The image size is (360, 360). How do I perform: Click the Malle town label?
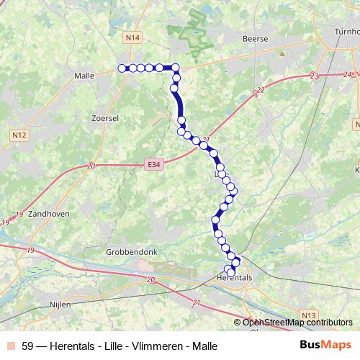pyautogui.click(x=86, y=75)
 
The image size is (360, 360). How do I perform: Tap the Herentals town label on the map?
pyautogui.click(x=234, y=277)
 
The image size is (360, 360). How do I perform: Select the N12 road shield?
pyautogui.click(x=19, y=133)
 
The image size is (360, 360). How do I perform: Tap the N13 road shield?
pyautogui.click(x=309, y=315)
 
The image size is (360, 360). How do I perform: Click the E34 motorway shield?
pyautogui.click(x=152, y=165)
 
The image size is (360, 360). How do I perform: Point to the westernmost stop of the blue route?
pyautogui.click(x=122, y=68)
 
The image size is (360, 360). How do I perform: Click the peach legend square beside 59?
pyautogui.click(x=9, y=346)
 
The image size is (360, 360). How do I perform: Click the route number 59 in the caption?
pyautogui.click(x=28, y=346)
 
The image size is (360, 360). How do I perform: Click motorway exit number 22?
pyautogui.click(x=260, y=89)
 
